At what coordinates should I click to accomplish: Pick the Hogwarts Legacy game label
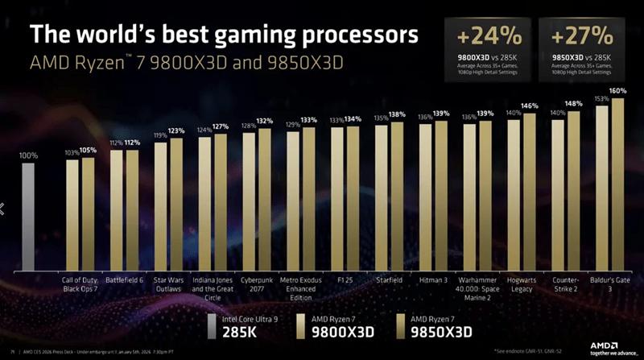522,283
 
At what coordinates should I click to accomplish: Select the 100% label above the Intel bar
28,155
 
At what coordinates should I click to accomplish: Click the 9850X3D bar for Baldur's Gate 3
617,186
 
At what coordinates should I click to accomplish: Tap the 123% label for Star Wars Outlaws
177,130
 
